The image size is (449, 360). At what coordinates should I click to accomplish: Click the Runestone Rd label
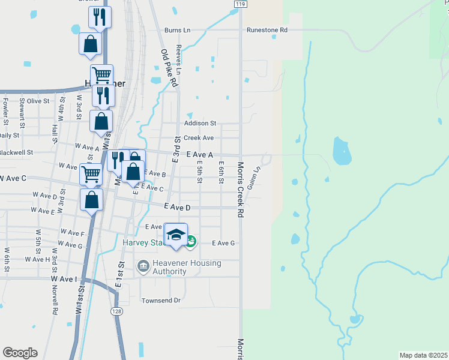tap(267, 29)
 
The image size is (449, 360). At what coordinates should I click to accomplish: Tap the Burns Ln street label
tap(177, 29)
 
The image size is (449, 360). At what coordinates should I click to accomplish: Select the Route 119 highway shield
tap(240, 4)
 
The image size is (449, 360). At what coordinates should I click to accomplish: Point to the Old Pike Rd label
tap(170, 68)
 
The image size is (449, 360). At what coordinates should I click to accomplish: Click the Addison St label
tap(200, 123)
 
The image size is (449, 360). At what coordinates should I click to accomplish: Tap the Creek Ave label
tap(199, 137)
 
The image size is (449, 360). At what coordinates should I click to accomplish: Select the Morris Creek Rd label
tap(240, 190)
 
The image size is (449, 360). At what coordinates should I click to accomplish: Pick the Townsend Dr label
tap(161, 300)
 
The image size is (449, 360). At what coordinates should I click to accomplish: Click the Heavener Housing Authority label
tap(179, 267)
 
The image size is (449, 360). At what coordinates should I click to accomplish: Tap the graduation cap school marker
tap(176, 235)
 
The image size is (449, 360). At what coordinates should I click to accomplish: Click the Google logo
tap(20, 353)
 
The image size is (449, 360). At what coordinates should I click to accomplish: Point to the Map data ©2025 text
tap(424, 355)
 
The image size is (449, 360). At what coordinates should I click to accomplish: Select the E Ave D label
tap(177, 208)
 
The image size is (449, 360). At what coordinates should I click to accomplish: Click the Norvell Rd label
tap(55, 302)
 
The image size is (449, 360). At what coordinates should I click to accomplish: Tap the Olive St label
tap(37, 101)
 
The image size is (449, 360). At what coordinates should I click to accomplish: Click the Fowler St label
tap(5, 112)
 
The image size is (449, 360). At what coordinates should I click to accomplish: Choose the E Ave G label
tap(222, 243)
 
